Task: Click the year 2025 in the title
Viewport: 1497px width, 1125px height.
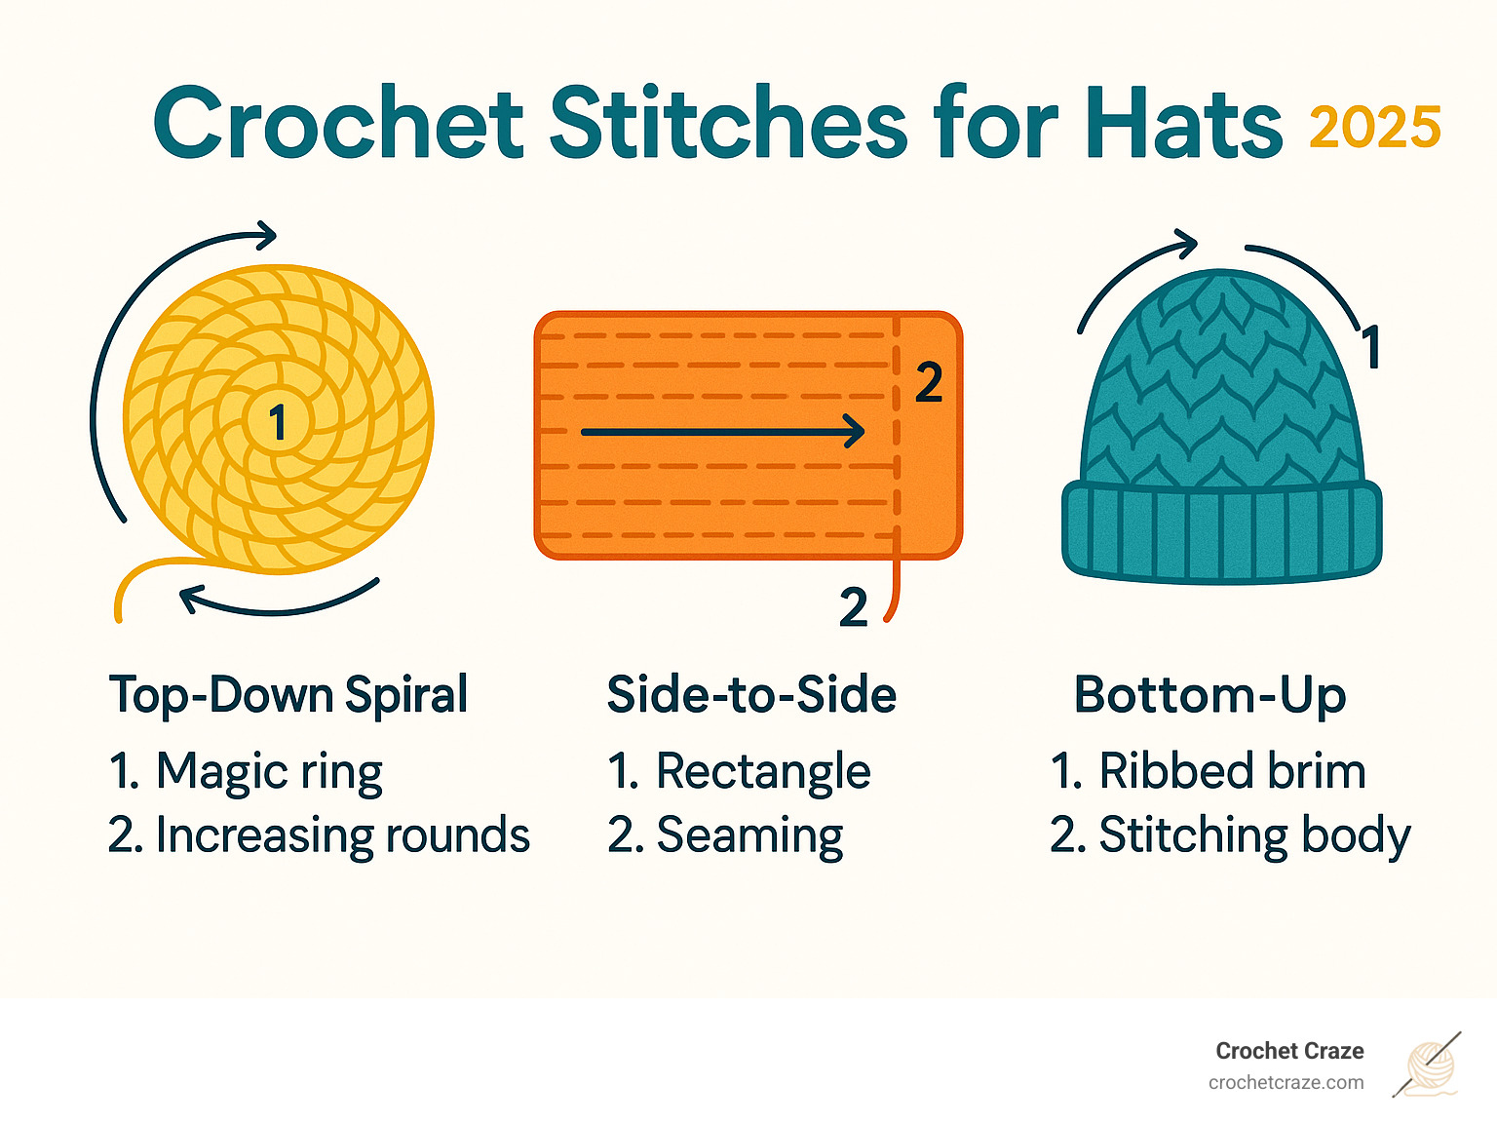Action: coord(1374,128)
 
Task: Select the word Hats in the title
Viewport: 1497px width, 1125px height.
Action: coord(1184,124)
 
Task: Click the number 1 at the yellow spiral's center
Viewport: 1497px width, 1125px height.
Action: coord(278,423)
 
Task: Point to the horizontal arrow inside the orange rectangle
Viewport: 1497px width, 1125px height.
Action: coord(722,431)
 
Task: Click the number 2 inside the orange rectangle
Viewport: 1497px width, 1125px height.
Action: coord(929,383)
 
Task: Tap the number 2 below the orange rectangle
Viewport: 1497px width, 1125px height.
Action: coord(854,608)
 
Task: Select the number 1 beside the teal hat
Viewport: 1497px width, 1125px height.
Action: coord(1370,347)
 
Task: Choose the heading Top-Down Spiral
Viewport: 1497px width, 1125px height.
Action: coord(288,695)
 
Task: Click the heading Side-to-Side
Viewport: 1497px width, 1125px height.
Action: coord(751,695)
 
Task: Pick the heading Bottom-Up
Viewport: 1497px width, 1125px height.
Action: coord(1209,695)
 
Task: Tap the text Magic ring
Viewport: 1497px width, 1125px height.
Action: coord(269,772)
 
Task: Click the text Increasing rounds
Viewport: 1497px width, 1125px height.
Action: coord(342,835)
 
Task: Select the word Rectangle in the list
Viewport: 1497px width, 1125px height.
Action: coord(763,772)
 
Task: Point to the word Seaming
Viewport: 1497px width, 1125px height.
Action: coord(749,835)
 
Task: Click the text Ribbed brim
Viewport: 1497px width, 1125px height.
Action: coord(1232,772)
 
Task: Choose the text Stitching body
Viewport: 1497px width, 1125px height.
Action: coord(1254,835)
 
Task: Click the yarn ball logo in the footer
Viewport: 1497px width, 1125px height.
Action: coord(1429,1066)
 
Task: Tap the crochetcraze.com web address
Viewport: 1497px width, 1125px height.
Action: coord(1286,1083)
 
